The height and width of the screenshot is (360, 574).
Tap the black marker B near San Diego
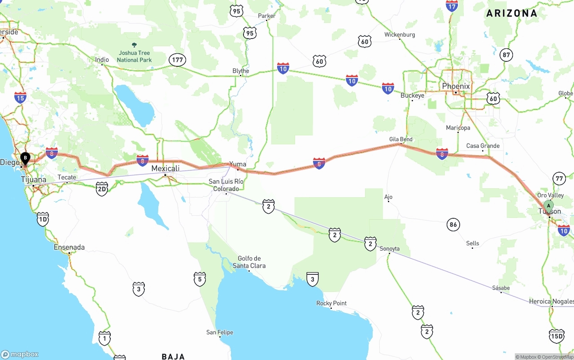click(x=26, y=158)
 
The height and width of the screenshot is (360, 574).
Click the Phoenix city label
click(x=456, y=86)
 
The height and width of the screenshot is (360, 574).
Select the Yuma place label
click(x=238, y=164)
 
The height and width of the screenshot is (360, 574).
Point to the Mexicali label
click(x=165, y=169)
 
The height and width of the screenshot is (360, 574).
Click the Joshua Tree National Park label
click(x=134, y=56)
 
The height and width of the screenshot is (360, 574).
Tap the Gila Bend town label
click(x=400, y=139)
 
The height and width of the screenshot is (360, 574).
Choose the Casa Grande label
click(x=483, y=146)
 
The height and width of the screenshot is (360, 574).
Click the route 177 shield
click(x=178, y=60)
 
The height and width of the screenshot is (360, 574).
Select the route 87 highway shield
click(x=506, y=55)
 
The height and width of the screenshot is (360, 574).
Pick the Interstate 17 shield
click(x=452, y=6)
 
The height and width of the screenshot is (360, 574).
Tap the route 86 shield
click(x=453, y=225)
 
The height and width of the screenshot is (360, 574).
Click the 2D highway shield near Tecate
click(x=102, y=189)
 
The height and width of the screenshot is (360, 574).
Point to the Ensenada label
click(x=69, y=247)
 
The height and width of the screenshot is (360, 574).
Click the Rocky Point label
click(x=331, y=303)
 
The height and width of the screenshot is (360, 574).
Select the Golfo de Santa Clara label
click(x=249, y=262)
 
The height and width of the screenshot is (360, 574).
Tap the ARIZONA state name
click(x=512, y=13)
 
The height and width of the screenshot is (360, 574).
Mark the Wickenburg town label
click(x=400, y=35)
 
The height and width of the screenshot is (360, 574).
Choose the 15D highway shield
click(x=557, y=336)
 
